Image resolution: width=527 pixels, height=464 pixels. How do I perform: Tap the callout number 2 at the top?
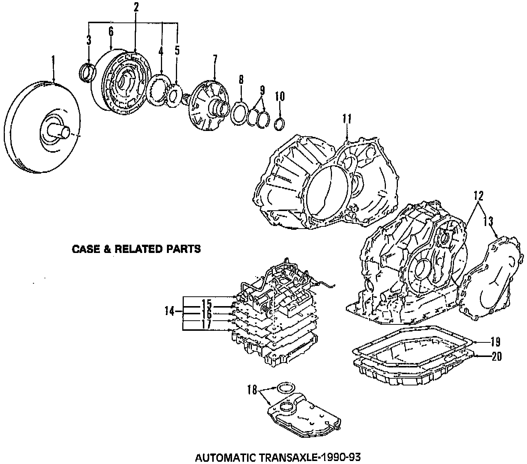point(135,7)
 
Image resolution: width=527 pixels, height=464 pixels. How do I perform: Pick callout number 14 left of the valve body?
point(170,311)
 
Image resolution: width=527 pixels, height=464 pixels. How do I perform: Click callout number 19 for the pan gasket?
point(495,342)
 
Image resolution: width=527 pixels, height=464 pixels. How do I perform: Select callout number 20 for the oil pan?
point(496,357)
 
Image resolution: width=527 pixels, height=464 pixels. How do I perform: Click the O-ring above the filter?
point(286,388)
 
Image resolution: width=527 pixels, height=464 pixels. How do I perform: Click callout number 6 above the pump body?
point(111,32)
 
